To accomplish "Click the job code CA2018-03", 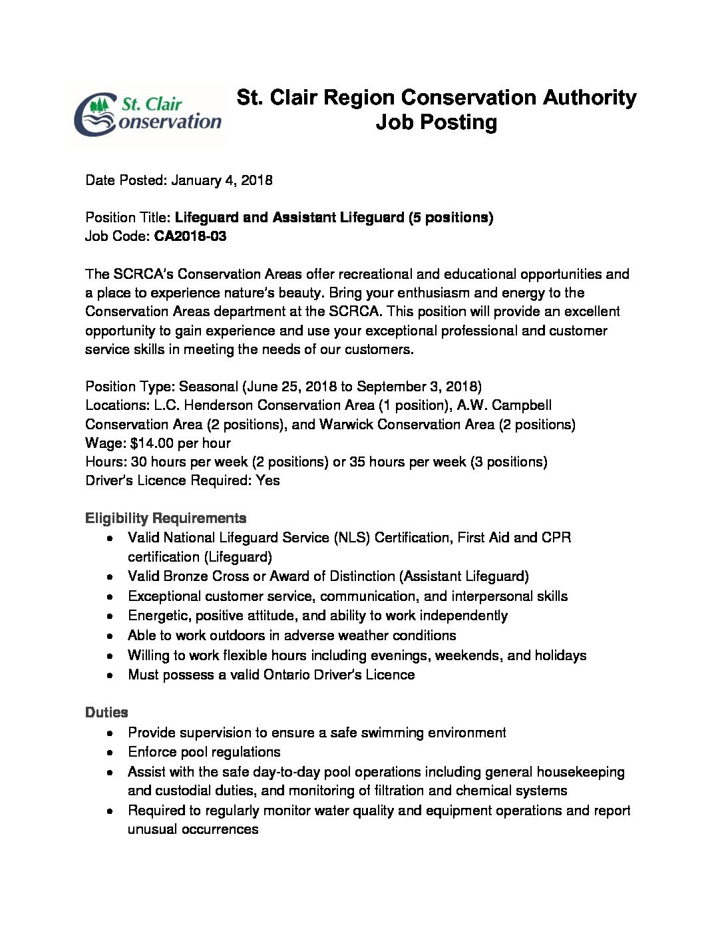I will tap(190, 236).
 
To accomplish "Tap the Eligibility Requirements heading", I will tap(166, 518).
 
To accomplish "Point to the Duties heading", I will tap(106, 713).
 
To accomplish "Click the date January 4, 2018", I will tap(222, 180).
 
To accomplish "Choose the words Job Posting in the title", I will tap(436, 122).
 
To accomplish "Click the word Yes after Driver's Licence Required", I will tap(268, 480).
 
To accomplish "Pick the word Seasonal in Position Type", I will tap(208, 387).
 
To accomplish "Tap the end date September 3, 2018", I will tap(417, 387).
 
